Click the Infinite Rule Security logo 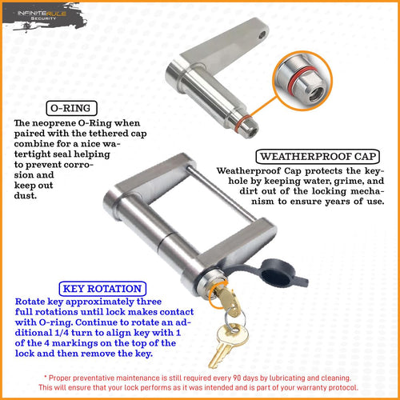[x=42, y=17]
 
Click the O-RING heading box [x=71, y=108]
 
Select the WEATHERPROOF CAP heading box [x=318, y=157]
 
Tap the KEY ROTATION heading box [x=102, y=289]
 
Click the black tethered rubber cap [x=278, y=274]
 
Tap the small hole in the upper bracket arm [x=262, y=34]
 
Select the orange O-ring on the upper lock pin [x=242, y=123]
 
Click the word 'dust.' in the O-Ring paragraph [x=26, y=196]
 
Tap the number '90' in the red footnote [x=237, y=378]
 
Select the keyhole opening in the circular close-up [x=317, y=94]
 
